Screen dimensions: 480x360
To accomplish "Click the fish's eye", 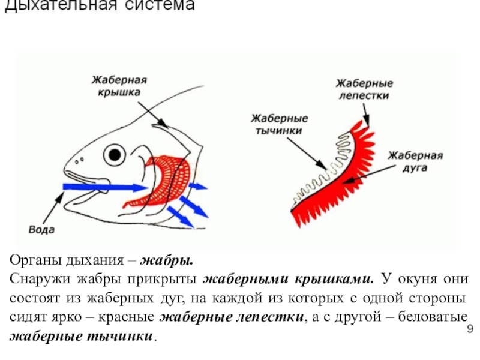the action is click(113, 155).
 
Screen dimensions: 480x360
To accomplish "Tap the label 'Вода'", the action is click(42, 229).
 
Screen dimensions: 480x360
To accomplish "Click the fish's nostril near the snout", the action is click(79, 159).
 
